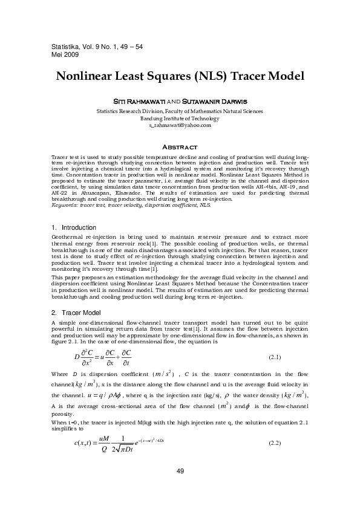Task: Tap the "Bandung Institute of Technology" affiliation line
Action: point(180,118)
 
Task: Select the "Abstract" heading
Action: point(180,148)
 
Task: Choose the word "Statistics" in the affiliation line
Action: point(110,111)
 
